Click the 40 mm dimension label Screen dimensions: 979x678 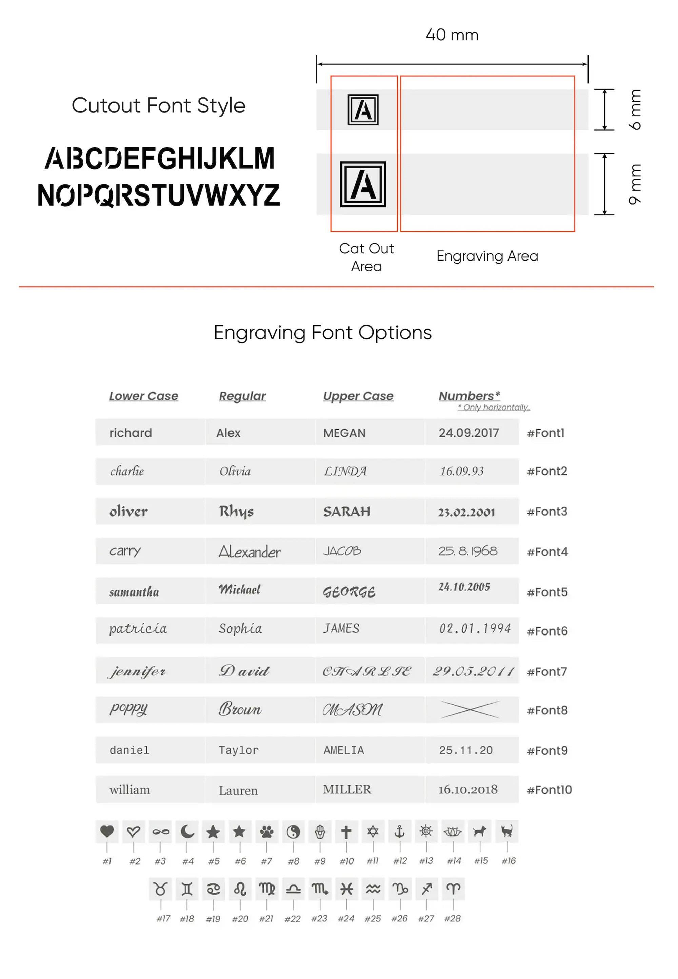(452, 35)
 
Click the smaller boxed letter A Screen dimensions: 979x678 (363, 109)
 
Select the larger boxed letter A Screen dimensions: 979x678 (363, 184)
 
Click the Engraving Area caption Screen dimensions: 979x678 (487, 256)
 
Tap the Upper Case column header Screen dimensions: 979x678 (358, 396)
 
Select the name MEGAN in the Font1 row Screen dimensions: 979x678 (344, 433)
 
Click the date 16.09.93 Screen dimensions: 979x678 (461, 471)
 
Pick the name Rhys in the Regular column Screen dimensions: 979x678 (236, 512)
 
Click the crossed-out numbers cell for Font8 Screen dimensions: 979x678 (470, 710)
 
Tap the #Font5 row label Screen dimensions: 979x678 (547, 592)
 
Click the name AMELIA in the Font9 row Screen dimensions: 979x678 (344, 750)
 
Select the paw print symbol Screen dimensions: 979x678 (267, 832)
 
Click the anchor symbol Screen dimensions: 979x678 (399, 832)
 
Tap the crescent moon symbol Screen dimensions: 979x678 (187, 832)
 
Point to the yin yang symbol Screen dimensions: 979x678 (293, 832)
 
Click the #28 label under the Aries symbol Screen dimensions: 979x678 (453, 918)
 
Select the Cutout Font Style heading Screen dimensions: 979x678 (158, 105)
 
